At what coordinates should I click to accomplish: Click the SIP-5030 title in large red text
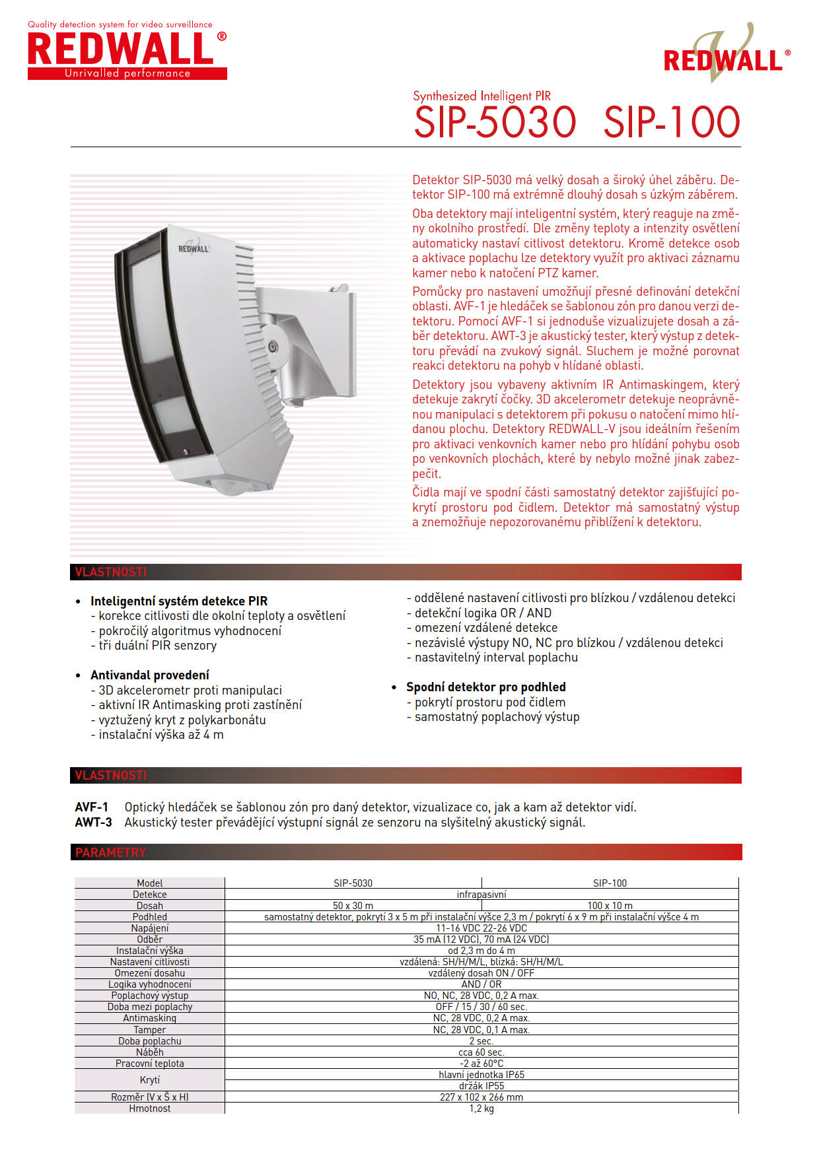pos(495,122)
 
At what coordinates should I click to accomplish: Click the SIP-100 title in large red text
pos(671,122)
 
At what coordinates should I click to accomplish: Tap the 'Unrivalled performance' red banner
pos(127,73)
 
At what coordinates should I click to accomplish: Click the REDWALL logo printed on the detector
pos(194,248)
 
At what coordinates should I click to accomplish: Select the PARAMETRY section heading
pos(110,852)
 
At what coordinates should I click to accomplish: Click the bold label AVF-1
pos(92,807)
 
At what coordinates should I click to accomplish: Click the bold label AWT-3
pos(93,822)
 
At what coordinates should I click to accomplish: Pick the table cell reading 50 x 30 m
pos(353,905)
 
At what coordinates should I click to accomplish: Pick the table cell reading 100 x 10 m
pos(610,905)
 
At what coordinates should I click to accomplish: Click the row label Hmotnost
pos(150,1108)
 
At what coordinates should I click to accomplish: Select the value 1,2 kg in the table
pos(481,1108)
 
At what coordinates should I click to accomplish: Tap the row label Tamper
pos(150,1029)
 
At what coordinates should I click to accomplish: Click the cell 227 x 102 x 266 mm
pos(481,1097)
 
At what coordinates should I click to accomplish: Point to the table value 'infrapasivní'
pos(481,894)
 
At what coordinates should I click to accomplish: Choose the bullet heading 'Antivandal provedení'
pos(150,675)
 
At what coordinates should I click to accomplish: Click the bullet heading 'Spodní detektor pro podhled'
pos(485,687)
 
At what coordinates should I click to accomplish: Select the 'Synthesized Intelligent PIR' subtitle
pos(481,96)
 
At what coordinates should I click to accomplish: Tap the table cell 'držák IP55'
pos(481,1085)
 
